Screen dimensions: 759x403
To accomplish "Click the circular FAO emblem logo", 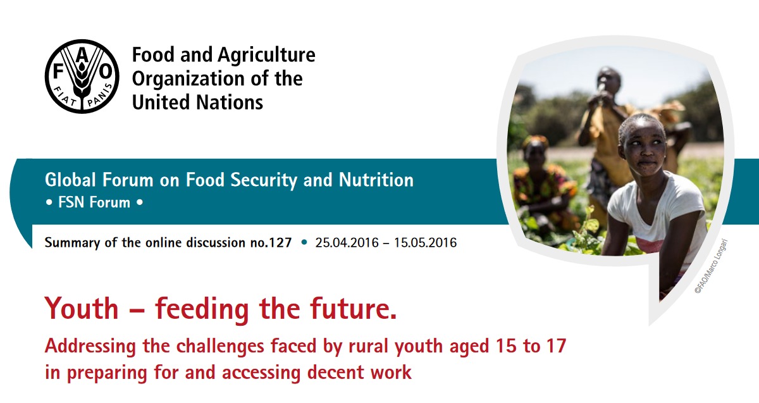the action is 82,77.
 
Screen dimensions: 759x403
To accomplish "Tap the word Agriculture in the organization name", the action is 266,55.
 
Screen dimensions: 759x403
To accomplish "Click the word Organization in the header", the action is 188,79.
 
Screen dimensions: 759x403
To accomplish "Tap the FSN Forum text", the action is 94,202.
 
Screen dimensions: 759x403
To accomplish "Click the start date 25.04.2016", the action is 347,243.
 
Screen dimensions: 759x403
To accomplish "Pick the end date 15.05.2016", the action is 425,243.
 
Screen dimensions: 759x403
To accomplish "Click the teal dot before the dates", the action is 304,242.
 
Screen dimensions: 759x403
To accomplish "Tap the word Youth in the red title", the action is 82,309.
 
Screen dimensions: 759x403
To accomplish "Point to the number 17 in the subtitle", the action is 556,346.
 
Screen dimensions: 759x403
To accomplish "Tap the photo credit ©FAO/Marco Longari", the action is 711,266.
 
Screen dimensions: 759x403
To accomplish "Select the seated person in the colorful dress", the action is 542,183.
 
